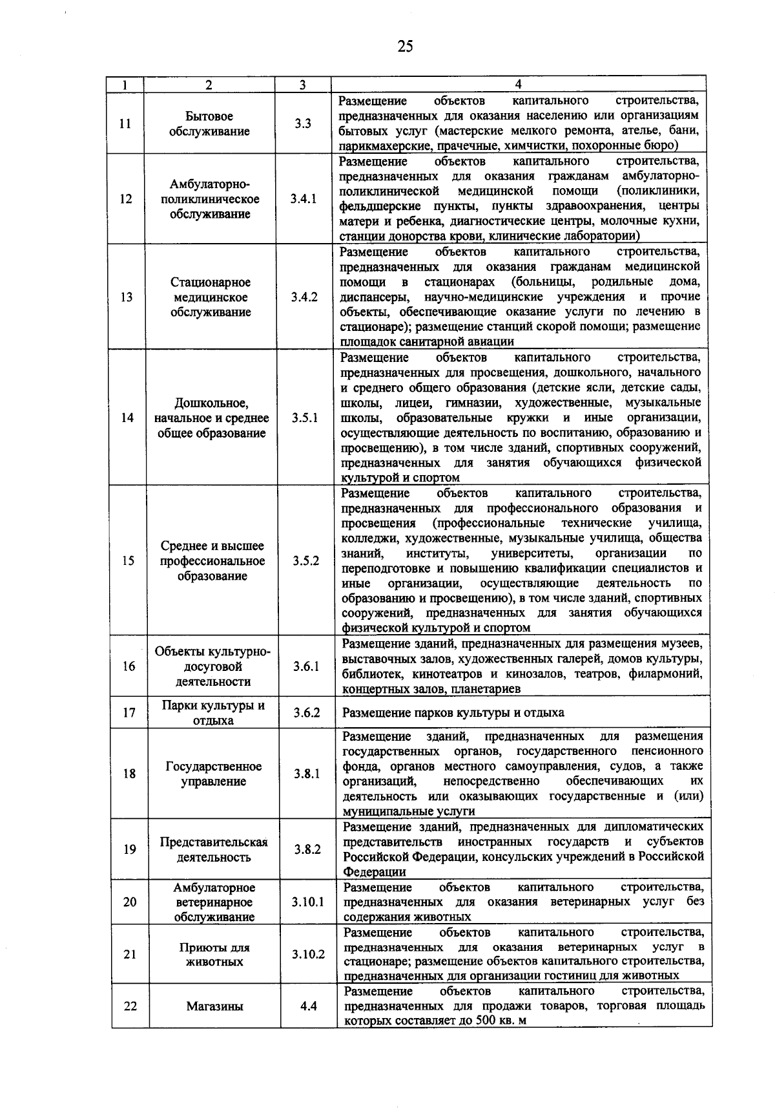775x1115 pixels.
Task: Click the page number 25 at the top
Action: tap(405, 47)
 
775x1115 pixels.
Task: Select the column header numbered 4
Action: tap(518, 84)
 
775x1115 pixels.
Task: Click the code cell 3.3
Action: tap(303, 124)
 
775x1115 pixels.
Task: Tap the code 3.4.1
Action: tap(303, 199)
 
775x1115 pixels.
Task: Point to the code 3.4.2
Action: tap(304, 297)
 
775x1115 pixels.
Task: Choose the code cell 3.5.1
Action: tap(304, 418)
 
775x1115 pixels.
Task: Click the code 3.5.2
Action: tap(305, 561)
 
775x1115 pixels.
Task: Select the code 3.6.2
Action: tap(306, 713)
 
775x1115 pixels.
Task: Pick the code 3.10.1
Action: tap(307, 902)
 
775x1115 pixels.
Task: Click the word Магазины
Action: tap(215, 1006)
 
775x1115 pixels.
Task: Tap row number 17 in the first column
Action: tap(129, 713)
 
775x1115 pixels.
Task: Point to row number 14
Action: tap(127, 418)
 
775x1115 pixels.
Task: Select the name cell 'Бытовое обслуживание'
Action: tap(209, 124)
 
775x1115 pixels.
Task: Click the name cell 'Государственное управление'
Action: tap(214, 774)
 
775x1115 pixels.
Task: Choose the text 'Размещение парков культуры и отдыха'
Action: tap(453, 713)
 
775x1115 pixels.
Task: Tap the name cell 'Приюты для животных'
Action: tap(214, 955)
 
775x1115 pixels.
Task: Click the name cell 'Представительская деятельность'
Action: tap(214, 850)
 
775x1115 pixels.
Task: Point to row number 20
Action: tap(130, 902)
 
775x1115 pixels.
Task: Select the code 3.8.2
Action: tap(307, 850)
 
